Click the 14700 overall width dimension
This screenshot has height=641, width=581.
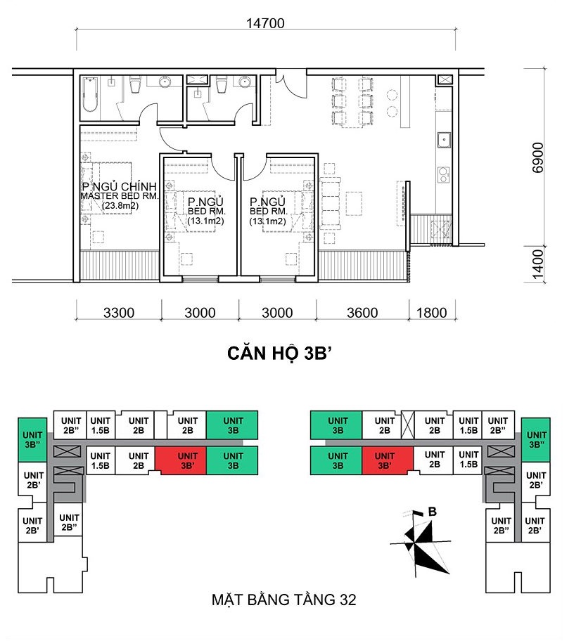click(265, 23)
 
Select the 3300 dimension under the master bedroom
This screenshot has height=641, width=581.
click(119, 313)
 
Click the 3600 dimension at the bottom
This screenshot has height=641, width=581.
click(362, 313)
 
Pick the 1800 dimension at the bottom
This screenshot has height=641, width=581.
click(432, 313)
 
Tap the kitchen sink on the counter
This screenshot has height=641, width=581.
click(444, 139)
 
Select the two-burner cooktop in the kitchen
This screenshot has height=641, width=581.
click(444, 174)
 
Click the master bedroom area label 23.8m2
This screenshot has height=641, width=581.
click(120, 205)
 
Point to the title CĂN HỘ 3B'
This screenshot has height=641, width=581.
click(279, 354)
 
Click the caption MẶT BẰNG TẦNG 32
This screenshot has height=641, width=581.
click(284, 600)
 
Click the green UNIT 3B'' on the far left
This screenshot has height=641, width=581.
click(32, 440)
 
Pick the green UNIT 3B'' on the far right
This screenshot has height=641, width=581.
click(535, 440)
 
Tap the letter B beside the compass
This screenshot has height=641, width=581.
click(432, 512)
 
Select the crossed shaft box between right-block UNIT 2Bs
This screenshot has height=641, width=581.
click(408, 425)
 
